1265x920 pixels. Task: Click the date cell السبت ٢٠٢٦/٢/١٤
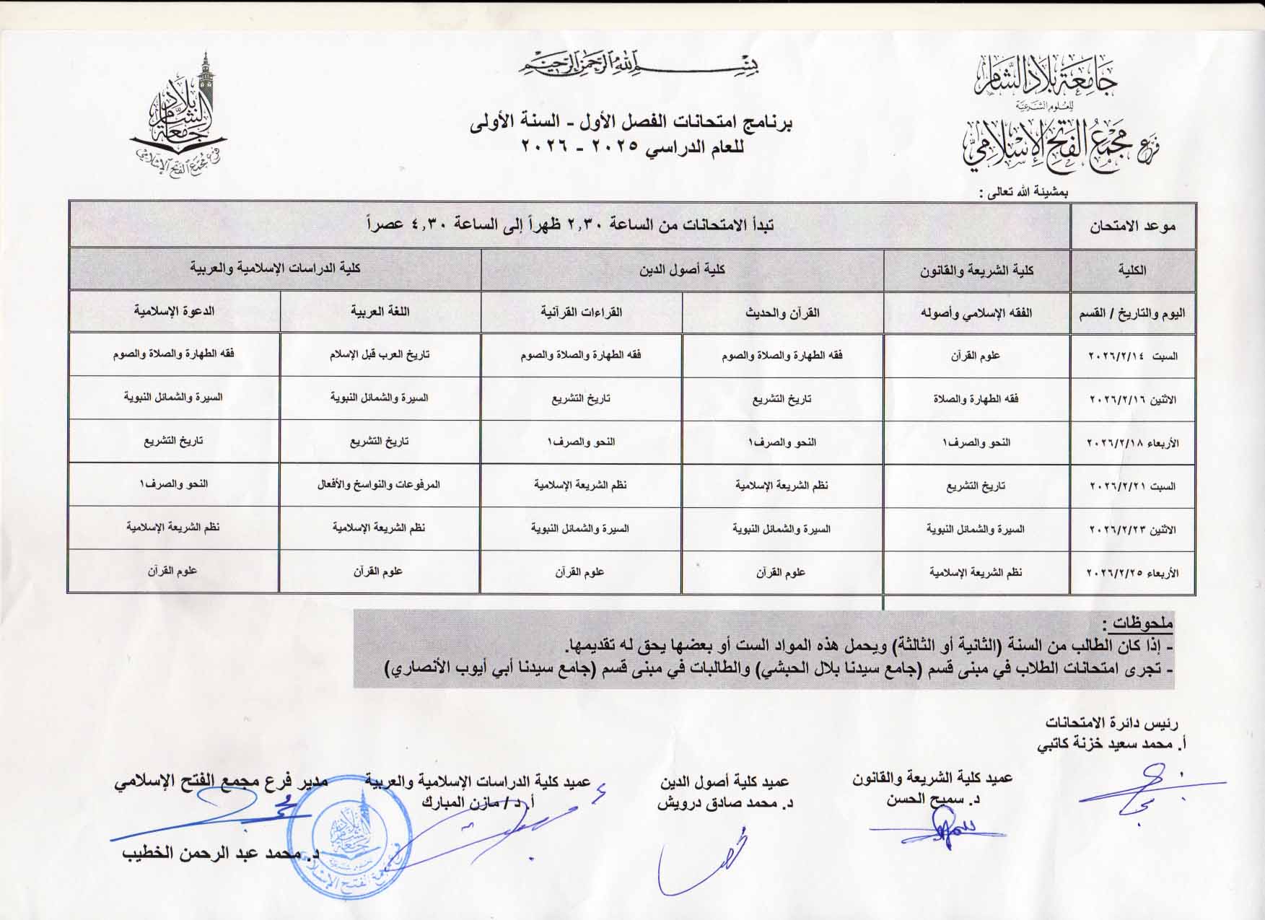(x=1132, y=356)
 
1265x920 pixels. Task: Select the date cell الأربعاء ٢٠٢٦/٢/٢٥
(x=1132, y=573)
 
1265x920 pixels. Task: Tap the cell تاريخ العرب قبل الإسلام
(x=380, y=355)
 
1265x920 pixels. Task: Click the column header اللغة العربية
(x=380, y=312)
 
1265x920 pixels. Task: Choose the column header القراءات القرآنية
(x=582, y=312)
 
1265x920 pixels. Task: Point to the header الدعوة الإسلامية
(x=174, y=311)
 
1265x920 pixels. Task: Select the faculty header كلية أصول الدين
(x=682, y=270)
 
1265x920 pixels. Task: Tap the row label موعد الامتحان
(x=1132, y=226)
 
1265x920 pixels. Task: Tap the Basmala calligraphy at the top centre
(x=639, y=66)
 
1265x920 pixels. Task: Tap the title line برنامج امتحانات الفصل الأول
(x=632, y=123)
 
